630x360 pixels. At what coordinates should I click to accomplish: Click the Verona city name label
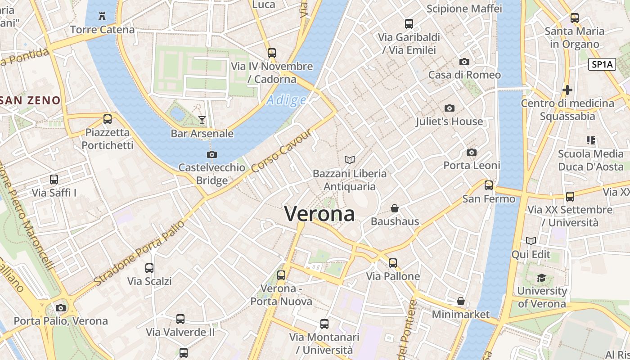click(319, 214)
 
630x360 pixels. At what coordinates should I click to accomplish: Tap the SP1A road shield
click(602, 64)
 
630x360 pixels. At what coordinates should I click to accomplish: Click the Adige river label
click(286, 100)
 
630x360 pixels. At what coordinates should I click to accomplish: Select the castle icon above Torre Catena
click(102, 17)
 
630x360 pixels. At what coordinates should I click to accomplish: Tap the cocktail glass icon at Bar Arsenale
click(202, 120)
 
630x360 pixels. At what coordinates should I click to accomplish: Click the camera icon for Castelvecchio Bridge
click(212, 154)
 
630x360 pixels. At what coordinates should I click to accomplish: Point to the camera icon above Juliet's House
click(449, 108)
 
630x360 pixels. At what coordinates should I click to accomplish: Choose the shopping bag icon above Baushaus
click(395, 208)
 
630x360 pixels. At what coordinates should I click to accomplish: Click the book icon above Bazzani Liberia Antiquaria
click(350, 160)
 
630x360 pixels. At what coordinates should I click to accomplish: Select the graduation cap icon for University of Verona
click(542, 278)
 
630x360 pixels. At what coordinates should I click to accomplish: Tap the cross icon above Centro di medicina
click(567, 90)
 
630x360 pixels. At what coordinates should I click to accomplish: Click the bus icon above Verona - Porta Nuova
click(281, 275)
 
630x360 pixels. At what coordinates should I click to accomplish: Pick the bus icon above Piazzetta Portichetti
click(107, 119)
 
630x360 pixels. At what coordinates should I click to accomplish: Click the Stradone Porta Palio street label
click(139, 253)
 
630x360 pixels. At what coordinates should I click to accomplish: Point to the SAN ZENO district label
click(31, 100)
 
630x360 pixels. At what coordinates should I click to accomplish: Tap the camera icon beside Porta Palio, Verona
click(60, 308)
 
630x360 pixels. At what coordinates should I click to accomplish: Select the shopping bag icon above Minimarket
click(460, 301)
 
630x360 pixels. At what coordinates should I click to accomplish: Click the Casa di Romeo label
click(464, 75)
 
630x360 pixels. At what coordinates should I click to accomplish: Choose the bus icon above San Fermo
click(489, 185)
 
